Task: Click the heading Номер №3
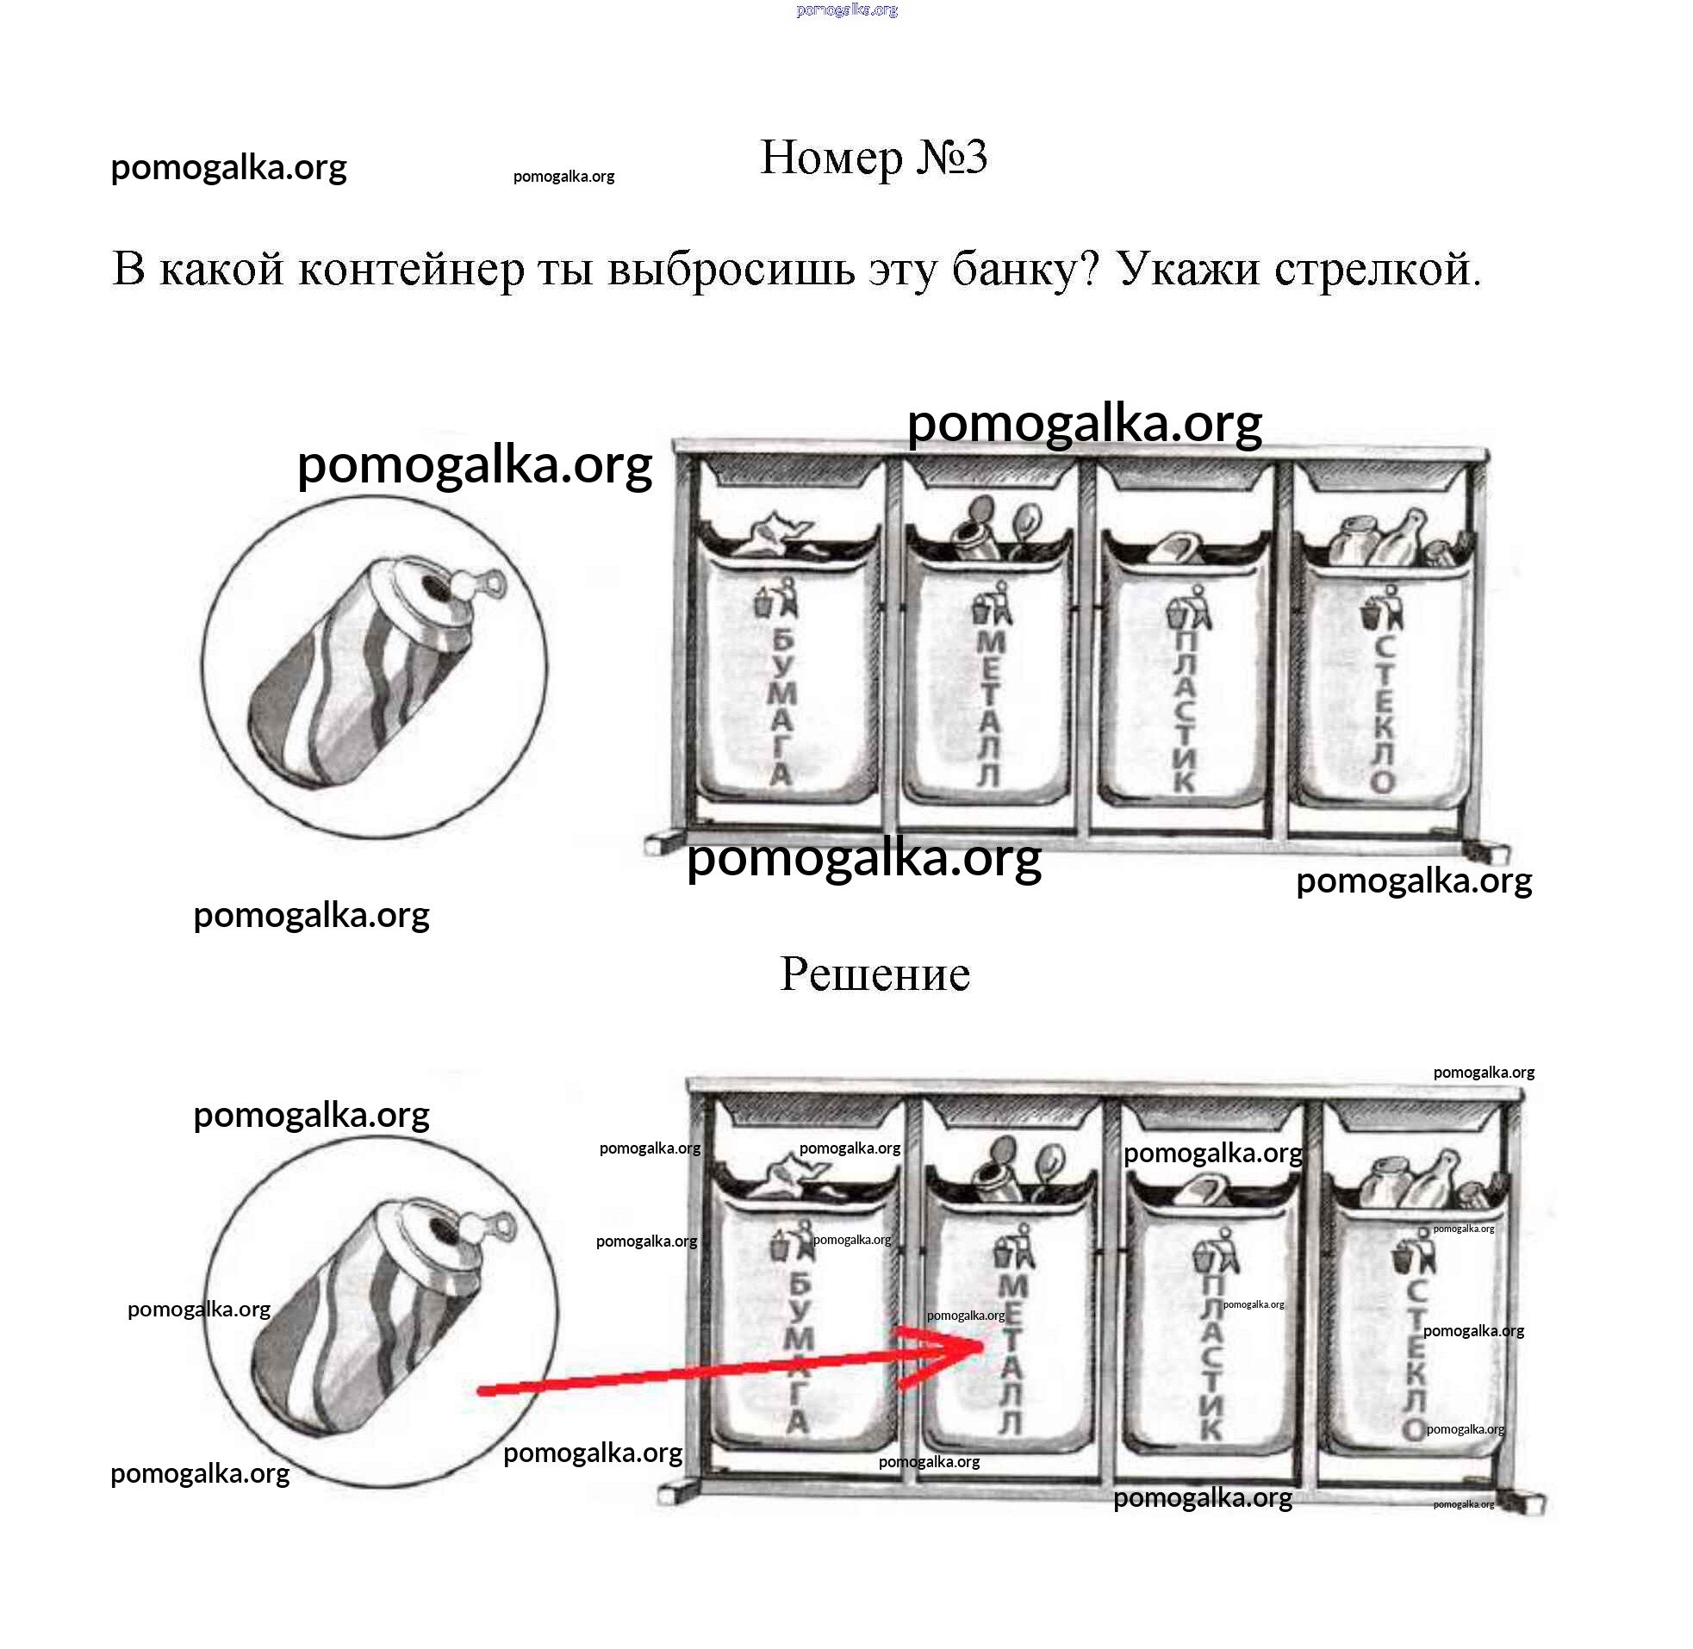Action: [873, 159]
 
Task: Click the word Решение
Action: [875, 974]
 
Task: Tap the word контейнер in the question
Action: [411, 270]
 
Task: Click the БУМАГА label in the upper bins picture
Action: [782, 706]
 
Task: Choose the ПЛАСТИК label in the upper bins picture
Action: [1185, 710]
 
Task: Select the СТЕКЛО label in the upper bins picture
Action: [1383, 714]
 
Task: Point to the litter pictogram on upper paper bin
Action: [775, 599]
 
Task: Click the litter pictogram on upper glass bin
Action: [1383, 606]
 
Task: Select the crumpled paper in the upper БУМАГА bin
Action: [775, 534]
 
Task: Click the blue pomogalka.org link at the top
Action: [846, 10]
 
